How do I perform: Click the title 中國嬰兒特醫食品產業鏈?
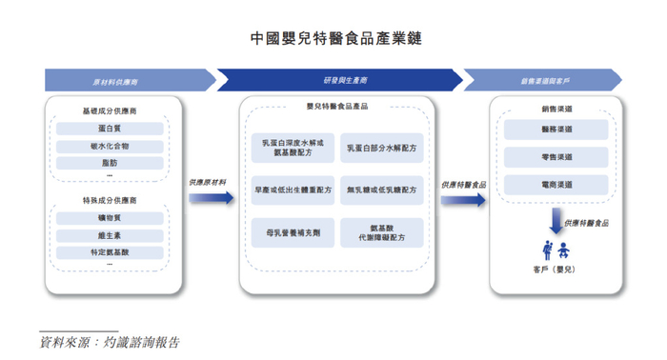[334, 38]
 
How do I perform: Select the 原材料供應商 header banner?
[128, 80]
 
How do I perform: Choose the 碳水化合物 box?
[111, 146]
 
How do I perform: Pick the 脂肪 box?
[111, 163]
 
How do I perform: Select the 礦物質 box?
[111, 218]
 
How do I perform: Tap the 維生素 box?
[111, 235]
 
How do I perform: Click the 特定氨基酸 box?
[111, 252]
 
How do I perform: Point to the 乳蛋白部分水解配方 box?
[381, 149]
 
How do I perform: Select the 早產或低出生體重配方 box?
[293, 190]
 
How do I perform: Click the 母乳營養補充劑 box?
[293, 231]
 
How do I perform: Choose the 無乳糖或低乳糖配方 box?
[381, 190]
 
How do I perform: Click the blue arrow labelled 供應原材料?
[212, 197]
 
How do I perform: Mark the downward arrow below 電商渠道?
[552, 222]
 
